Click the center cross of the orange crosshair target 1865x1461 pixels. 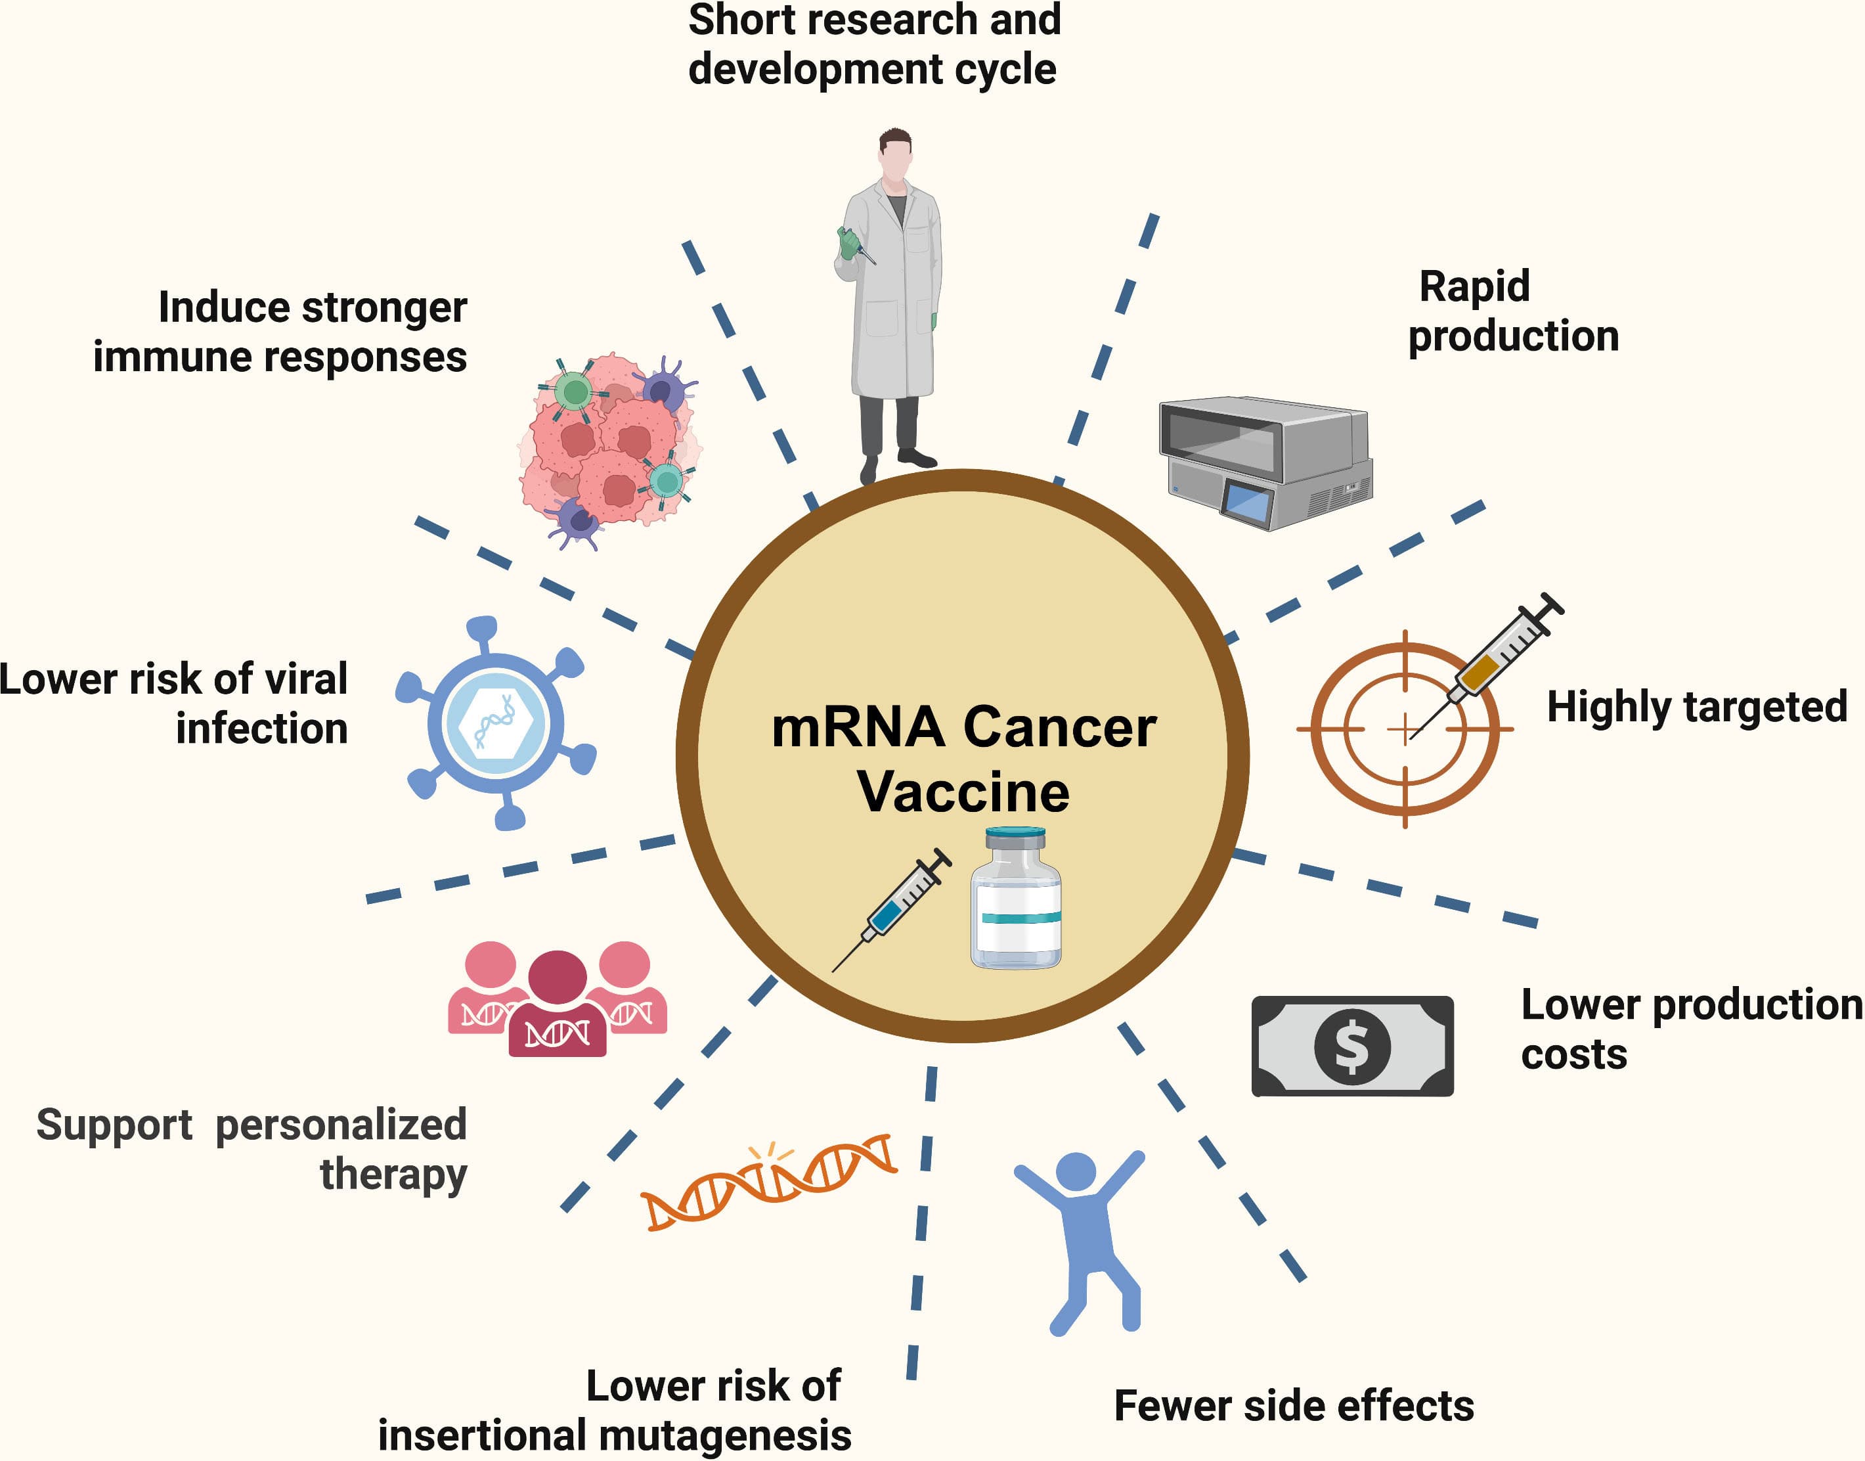1404,730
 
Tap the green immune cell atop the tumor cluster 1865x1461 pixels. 574,392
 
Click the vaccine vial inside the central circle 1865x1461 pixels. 1016,900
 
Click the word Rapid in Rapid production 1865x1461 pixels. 1474,286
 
